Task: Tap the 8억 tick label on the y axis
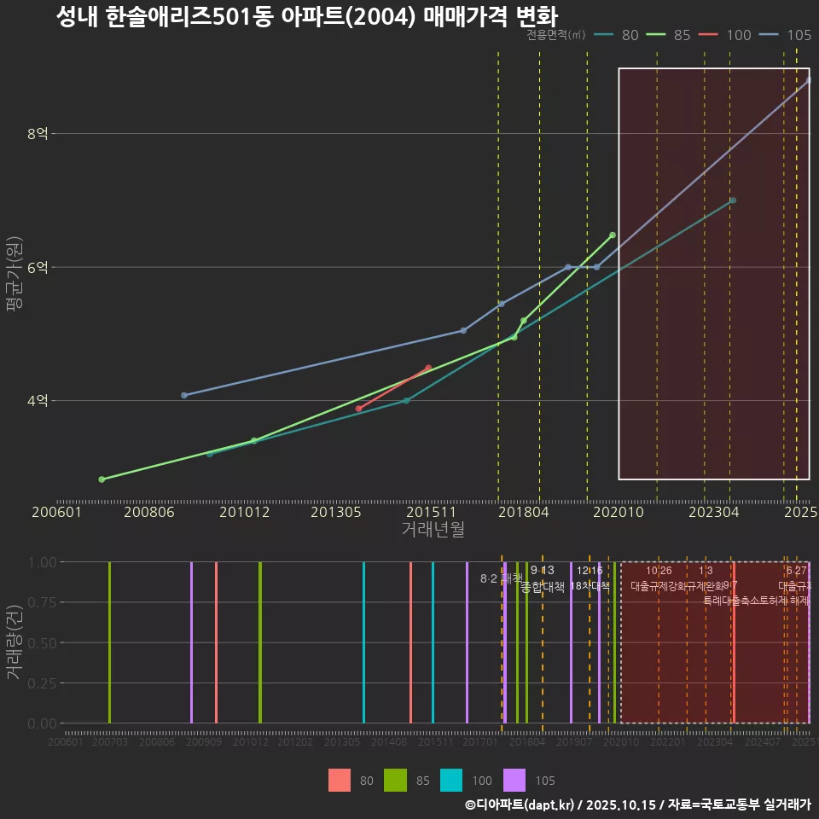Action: coord(38,134)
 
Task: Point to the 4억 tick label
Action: coord(38,401)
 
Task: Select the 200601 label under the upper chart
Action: coord(56,512)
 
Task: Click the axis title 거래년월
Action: coord(433,530)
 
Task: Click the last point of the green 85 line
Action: coord(613,235)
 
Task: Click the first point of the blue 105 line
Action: coord(184,395)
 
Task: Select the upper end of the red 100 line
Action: coord(428,368)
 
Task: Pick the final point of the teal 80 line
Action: coord(733,200)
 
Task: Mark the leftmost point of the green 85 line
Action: coord(102,479)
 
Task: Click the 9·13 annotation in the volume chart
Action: coord(542,571)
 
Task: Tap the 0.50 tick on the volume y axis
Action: coord(40,642)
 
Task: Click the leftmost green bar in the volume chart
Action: coord(109,642)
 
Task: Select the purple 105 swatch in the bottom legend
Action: coord(514,780)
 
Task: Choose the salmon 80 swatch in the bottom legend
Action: coord(340,780)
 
